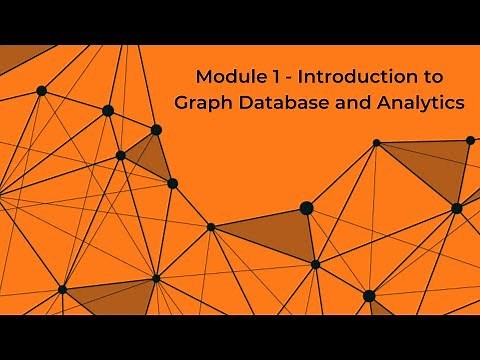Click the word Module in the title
(x=225, y=77)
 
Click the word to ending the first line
(x=427, y=77)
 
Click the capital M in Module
(x=203, y=77)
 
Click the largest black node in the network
(x=307, y=208)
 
